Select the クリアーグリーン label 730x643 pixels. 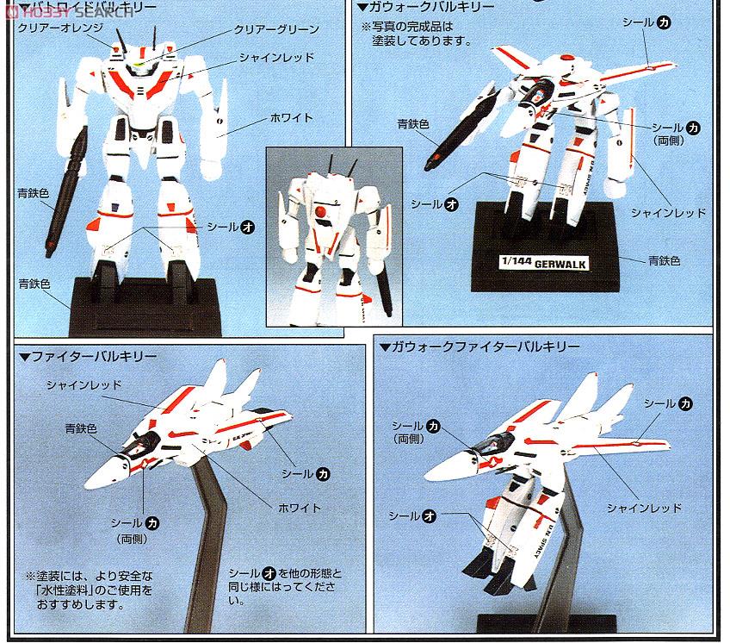pyautogui.click(x=276, y=29)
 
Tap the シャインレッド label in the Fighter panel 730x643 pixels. pyautogui.click(x=84, y=385)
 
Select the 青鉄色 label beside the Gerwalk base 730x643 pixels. pyautogui.click(x=662, y=259)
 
